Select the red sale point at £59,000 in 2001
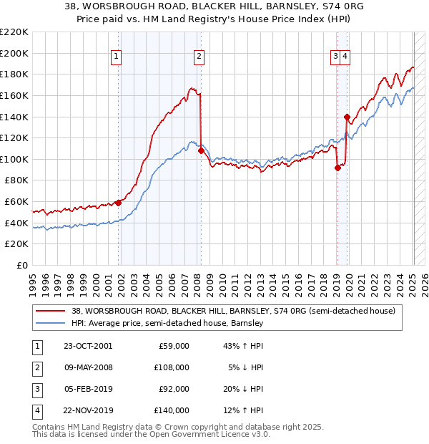click(x=119, y=203)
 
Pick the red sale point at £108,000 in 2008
click(x=201, y=151)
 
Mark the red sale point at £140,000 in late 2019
click(x=347, y=117)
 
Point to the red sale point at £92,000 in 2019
click(x=337, y=168)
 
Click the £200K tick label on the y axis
click(x=15, y=53)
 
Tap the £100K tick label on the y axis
click(x=15, y=159)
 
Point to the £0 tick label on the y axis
click(x=21, y=266)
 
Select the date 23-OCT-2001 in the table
click(x=89, y=346)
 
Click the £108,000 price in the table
click(x=172, y=367)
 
